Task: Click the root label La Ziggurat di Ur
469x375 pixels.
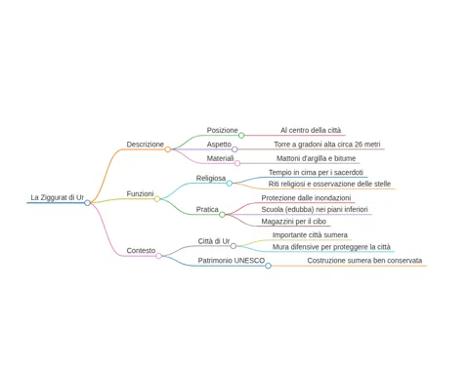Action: pyautogui.click(x=58, y=197)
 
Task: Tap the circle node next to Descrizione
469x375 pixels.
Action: pyautogui.click(x=168, y=149)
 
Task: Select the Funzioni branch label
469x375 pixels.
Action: pyautogui.click(x=140, y=193)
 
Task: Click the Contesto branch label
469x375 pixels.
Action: pyautogui.click(x=141, y=251)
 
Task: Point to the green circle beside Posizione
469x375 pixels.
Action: pyautogui.click(x=241, y=136)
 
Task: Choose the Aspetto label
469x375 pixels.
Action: pyautogui.click(x=219, y=145)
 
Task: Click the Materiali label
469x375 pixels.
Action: pyautogui.click(x=220, y=158)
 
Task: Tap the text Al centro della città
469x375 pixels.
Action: pyautogui.click(x=311, y=130)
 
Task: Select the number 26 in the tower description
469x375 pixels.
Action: pyautogui.click(x=359, y=145)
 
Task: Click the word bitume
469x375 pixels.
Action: pyautogui.click(x=345, y=158)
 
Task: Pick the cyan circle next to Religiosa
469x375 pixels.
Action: pyautogui.click(x=230, y=184)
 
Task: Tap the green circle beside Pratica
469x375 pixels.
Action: pyautogui.click(x=222, y=215)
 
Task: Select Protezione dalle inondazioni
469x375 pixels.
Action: pyautogui.click(x=306, y=198)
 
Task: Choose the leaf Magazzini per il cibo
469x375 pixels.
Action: pyautogui.click(x=294, y=222)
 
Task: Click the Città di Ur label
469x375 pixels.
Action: pyautogui.click(x=214, y=241)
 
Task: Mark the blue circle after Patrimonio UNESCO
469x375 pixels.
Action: pyautogui.click(x=268, y=266)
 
